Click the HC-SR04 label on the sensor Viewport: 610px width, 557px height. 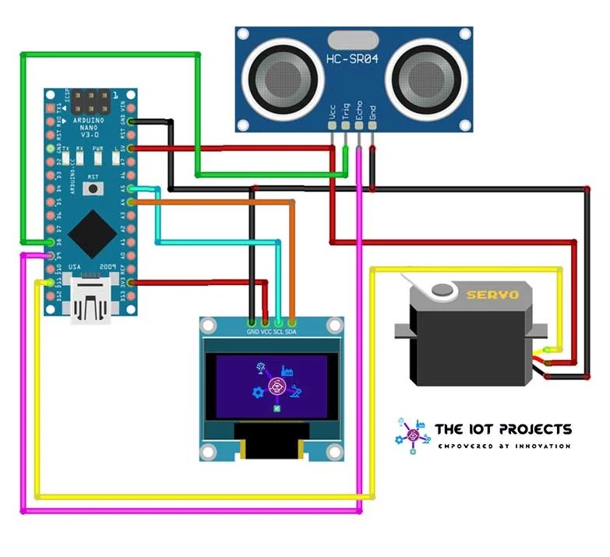click(352, 60)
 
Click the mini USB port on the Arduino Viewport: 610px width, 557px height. click(90, 301)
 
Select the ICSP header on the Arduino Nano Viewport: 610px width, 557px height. click(92, 102)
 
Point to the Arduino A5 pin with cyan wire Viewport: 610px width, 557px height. click(131, 189)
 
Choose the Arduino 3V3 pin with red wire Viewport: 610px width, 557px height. click(131, 283)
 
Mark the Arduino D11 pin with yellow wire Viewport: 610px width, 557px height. click(51, 283)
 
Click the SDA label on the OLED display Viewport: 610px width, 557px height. click(291, 331)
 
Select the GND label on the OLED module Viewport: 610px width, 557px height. click(252, 331)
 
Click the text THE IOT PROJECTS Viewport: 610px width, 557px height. click(502, 429)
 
